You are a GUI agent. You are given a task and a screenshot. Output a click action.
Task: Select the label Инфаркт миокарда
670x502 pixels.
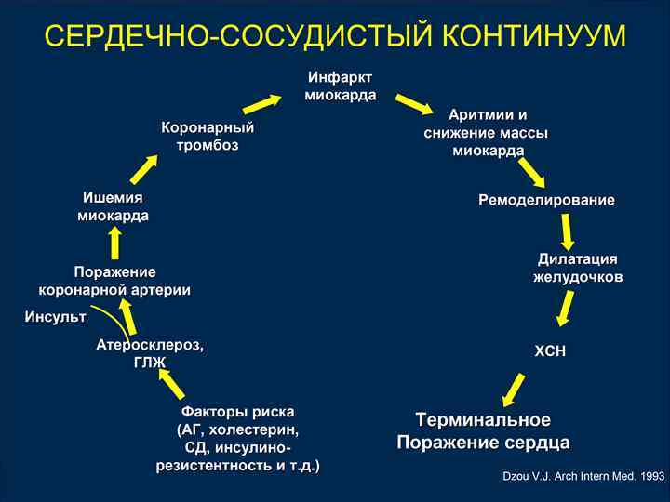pyautogui.click(x=341, y=86)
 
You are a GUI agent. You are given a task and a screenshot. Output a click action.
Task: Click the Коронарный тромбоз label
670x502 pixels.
pyautogui.click(x=208, y=136)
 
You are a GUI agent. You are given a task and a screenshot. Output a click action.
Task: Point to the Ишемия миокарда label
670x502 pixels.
pyautogui.click(x=113, y=206)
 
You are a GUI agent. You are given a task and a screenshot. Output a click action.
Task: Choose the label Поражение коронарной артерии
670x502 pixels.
pyautogui.click(x=114, y=280)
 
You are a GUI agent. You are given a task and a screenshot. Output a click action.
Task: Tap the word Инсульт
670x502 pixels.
pyautogui.click(x=55, y=317)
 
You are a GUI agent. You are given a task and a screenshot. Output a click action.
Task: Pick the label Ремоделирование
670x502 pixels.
pyautogui.click(x=546, y=200)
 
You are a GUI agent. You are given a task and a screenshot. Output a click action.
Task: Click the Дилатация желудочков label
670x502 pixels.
pyautogui.click(x=578, y=267)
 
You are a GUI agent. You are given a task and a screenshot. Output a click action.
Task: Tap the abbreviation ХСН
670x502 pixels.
pyautogui.click(x=550, y=351)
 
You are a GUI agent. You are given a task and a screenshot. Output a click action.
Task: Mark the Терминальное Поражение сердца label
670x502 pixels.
pyautogui.click(x=483, y=430)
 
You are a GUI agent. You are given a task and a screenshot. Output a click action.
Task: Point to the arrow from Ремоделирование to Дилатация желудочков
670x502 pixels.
pyautogui.click(x=567, y=231)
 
